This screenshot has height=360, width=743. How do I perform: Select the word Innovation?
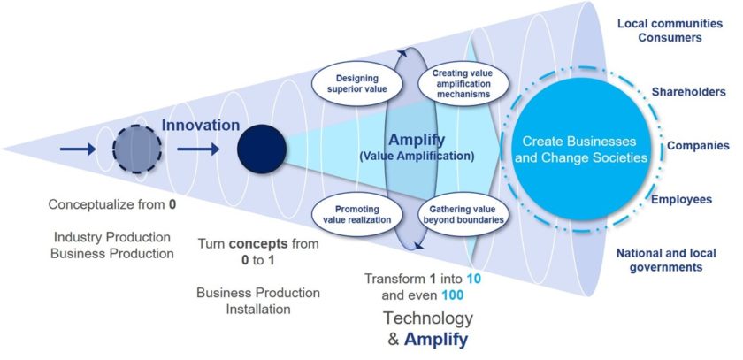pyautogui.click(x=200, y=126)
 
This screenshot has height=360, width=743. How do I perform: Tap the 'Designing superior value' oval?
pyautogui.click(x=351, y=83)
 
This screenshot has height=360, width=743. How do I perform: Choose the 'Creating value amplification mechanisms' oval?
pyautogui.click(x=456, y=82)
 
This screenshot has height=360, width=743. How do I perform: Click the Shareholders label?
pyautogui.click(x=689, y=92)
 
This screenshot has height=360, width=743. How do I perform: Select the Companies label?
pyautogui.click(x=698, y=145)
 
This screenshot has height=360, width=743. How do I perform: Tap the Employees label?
pyautogui.click(x=681, y=200)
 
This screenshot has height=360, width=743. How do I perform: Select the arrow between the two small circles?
pyautogui.click(x=200, y=149)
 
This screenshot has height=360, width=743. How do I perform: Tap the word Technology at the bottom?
pyautogui.click(x=427, y=318)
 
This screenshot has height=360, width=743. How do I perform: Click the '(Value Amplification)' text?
pyautogui.click(x=429, y=156)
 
